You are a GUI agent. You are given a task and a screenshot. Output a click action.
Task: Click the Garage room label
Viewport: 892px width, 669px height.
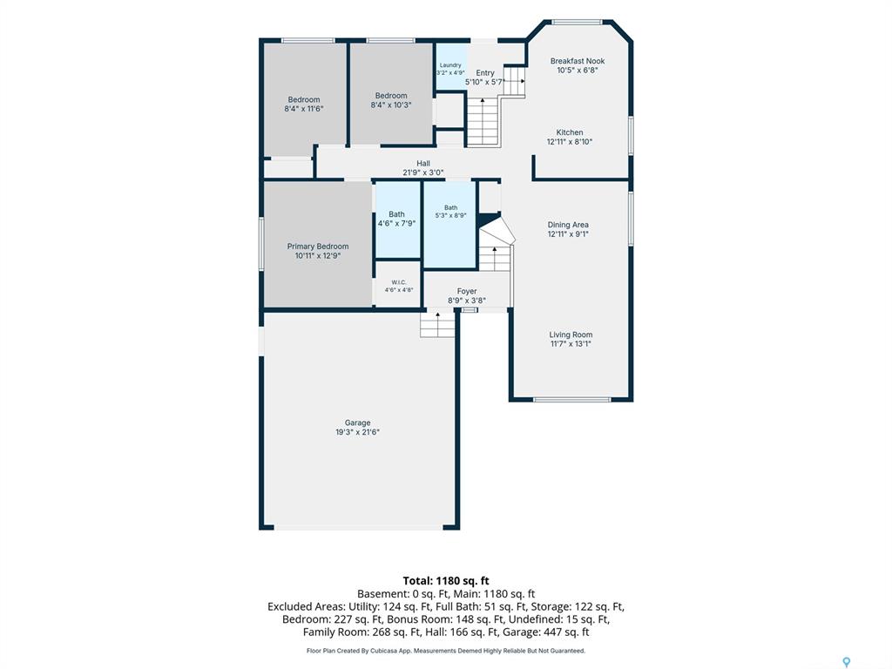pyautogui.click(x=357, y=422)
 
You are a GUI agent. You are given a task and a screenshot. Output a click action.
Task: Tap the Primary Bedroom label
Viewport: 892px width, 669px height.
pyautogui.click(x=317, y=247)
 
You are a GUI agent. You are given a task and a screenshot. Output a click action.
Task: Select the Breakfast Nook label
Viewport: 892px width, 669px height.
pyautogui.click(x=578, y=61)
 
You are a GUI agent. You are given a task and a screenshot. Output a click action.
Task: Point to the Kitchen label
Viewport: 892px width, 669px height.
pyautogui.click(x=570, y=132)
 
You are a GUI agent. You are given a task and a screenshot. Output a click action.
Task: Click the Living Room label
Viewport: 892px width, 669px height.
pyautogui.click(x=571, y=334)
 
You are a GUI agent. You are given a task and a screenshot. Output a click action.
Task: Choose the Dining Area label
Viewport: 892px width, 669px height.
pyautogui.click(x=568, y=225)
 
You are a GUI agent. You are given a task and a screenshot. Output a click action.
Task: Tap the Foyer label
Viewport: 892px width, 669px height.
pyautogui.click(x=467, y=291)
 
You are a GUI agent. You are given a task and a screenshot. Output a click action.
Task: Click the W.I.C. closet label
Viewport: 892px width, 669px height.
pyautogui.click(x=399, y=283)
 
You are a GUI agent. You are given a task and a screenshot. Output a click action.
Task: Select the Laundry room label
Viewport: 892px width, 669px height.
pyautogui.click(x=450, y=65)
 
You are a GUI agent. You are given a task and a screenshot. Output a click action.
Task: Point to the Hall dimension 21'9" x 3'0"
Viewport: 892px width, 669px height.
pyautogui.click(x=423, y=172)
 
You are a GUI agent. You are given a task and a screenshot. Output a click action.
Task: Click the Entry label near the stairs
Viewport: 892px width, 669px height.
pyautogui.click(x=484, y=73)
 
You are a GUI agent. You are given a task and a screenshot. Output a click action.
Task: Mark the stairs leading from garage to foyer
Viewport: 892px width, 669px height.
pyautogui.click(x=437, y=324)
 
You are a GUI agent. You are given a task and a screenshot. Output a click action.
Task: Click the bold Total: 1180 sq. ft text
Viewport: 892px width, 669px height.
pyautogui.click(x=446, y=581)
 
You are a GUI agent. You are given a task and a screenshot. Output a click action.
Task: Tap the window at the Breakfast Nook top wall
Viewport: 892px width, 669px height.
pyautogui.click(x=577, y=22)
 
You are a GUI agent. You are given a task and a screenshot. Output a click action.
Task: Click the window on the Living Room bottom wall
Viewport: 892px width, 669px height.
pyautogui.click(x=571, y=399)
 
